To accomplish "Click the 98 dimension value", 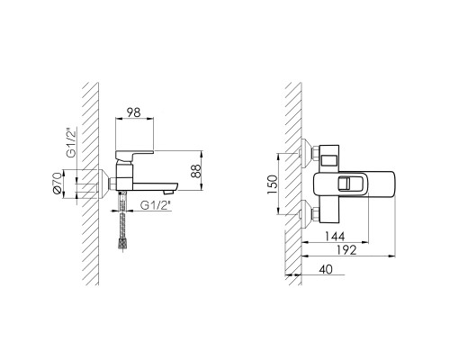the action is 133,112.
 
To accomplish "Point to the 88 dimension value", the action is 196,171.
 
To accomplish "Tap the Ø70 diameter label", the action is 57,184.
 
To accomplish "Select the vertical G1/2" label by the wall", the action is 72,142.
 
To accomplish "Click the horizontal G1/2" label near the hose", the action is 156,205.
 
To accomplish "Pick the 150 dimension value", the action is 273,184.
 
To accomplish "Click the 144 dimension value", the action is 335,237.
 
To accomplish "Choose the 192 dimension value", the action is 346,250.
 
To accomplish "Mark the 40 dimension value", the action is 326,269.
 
